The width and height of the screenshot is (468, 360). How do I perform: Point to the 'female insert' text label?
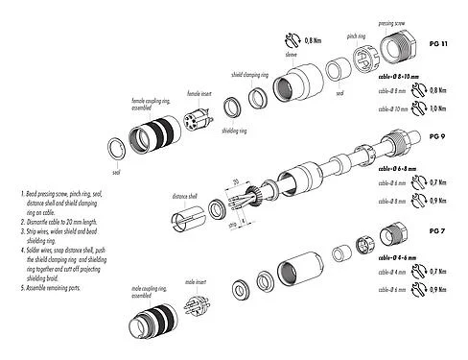pos(199,93)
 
